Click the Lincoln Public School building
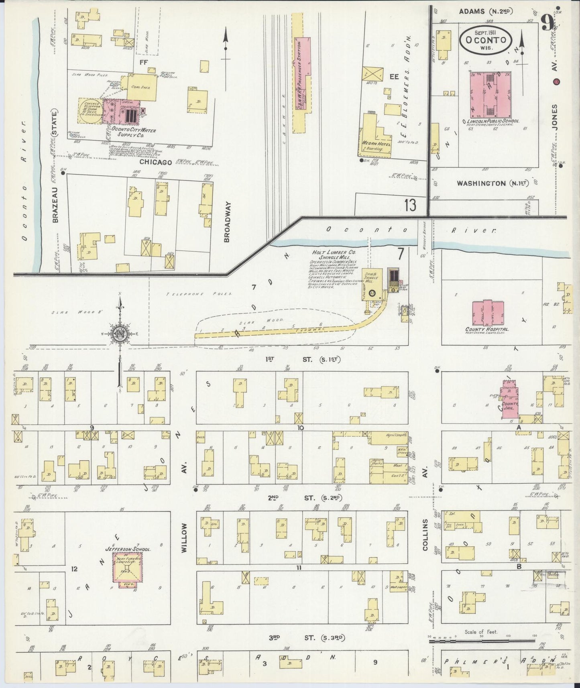click(x=490, y=94)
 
